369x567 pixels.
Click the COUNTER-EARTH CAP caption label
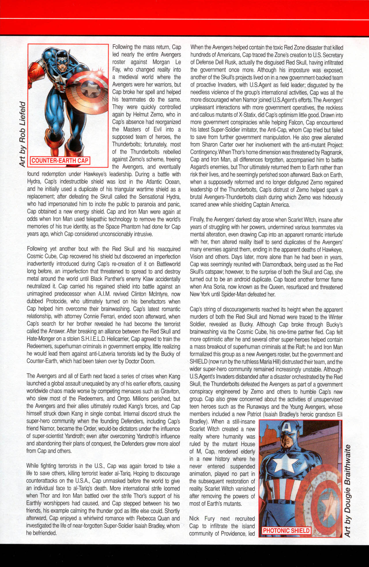click(x=60, y=161)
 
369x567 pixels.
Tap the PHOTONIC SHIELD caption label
click(x=286, y=530)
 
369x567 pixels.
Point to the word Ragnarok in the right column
click(x=332, y=152)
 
